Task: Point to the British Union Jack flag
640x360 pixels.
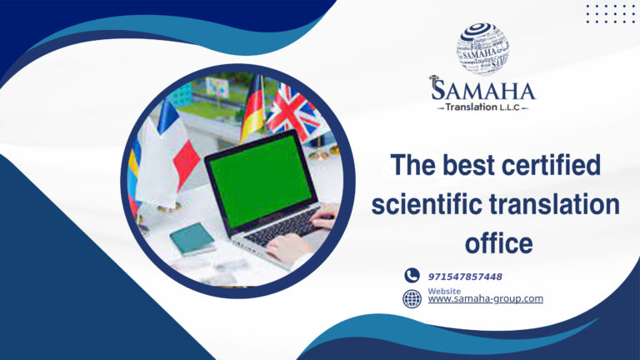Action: [x=293, y=112]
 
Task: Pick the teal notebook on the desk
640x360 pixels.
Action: [x=192, y=238]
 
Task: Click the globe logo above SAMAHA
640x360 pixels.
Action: [x=482, y=48]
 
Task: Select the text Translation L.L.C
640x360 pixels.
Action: [x=483, y=107]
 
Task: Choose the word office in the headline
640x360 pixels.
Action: [x=498, y=243]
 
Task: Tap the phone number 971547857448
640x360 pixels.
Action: [x=465, y=276]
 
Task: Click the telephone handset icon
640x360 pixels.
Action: [x=412, y=275]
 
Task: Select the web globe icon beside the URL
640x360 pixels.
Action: [x=412, y=298]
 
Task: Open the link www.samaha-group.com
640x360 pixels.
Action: [x=485, y=299]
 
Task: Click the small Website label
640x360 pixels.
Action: [x=443, y=291]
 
